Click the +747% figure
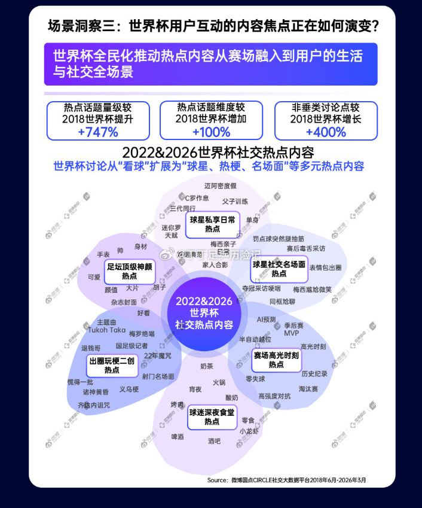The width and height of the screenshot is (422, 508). pyautogui.click(x=98, y=132)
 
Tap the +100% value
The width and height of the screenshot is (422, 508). pyautogui.click(x=211, y=132)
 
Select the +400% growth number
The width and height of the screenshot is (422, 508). pyautogui.click(x=325, y=132)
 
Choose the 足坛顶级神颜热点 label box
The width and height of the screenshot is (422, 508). pyautogui.click(x=129, y=271)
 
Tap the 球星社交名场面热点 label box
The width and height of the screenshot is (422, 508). pyautogui.click(x=279, y=269)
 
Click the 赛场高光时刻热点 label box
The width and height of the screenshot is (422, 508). pyautogui.click(x=276, y=360)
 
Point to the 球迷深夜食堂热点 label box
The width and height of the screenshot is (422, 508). pyautogui.click(x=212, y=417)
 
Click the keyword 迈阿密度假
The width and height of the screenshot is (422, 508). pyautogui.click(x=221, y=186)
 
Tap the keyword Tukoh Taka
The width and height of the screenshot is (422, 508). pyautogui.click(x=107, y=330)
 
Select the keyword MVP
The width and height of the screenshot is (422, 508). pyautogui.click(x=292, y=333)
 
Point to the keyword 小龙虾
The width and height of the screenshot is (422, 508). pyautogui.click(x=249, y=431)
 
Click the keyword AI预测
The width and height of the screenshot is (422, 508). pyautogui.click(x=266, y=320)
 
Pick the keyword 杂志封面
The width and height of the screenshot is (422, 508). pyautogui.click(x=124, y=302)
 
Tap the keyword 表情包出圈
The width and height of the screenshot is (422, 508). pyautogui.click(x=325, y=267)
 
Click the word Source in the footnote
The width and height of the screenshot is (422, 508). pyautogui.click(x=217, y=480)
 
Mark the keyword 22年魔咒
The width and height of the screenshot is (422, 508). pyautogui.click(x=157, y=356)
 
